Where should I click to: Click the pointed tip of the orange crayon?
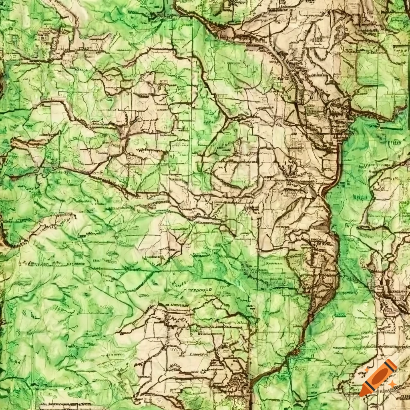click(362, 394)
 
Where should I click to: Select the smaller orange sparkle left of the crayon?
click(366, 370)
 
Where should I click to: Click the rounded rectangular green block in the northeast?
click(372, 68)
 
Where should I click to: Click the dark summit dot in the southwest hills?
click(87, 294)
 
